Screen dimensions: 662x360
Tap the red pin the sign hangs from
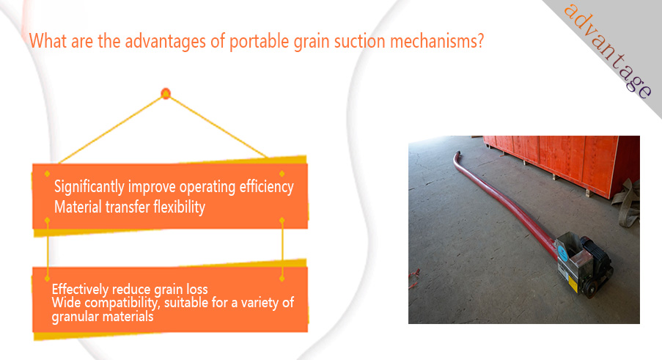pyautogui.click(x=166, y=93)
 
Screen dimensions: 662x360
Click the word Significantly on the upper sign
pyautogui.click(x=89, y=187)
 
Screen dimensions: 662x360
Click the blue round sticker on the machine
pyautogui.click(x=563, y=252)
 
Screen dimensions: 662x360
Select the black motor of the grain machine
pyautogui.click(x=595, y=257)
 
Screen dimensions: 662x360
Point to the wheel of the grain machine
pyautogui.click(x=590, y=290)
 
